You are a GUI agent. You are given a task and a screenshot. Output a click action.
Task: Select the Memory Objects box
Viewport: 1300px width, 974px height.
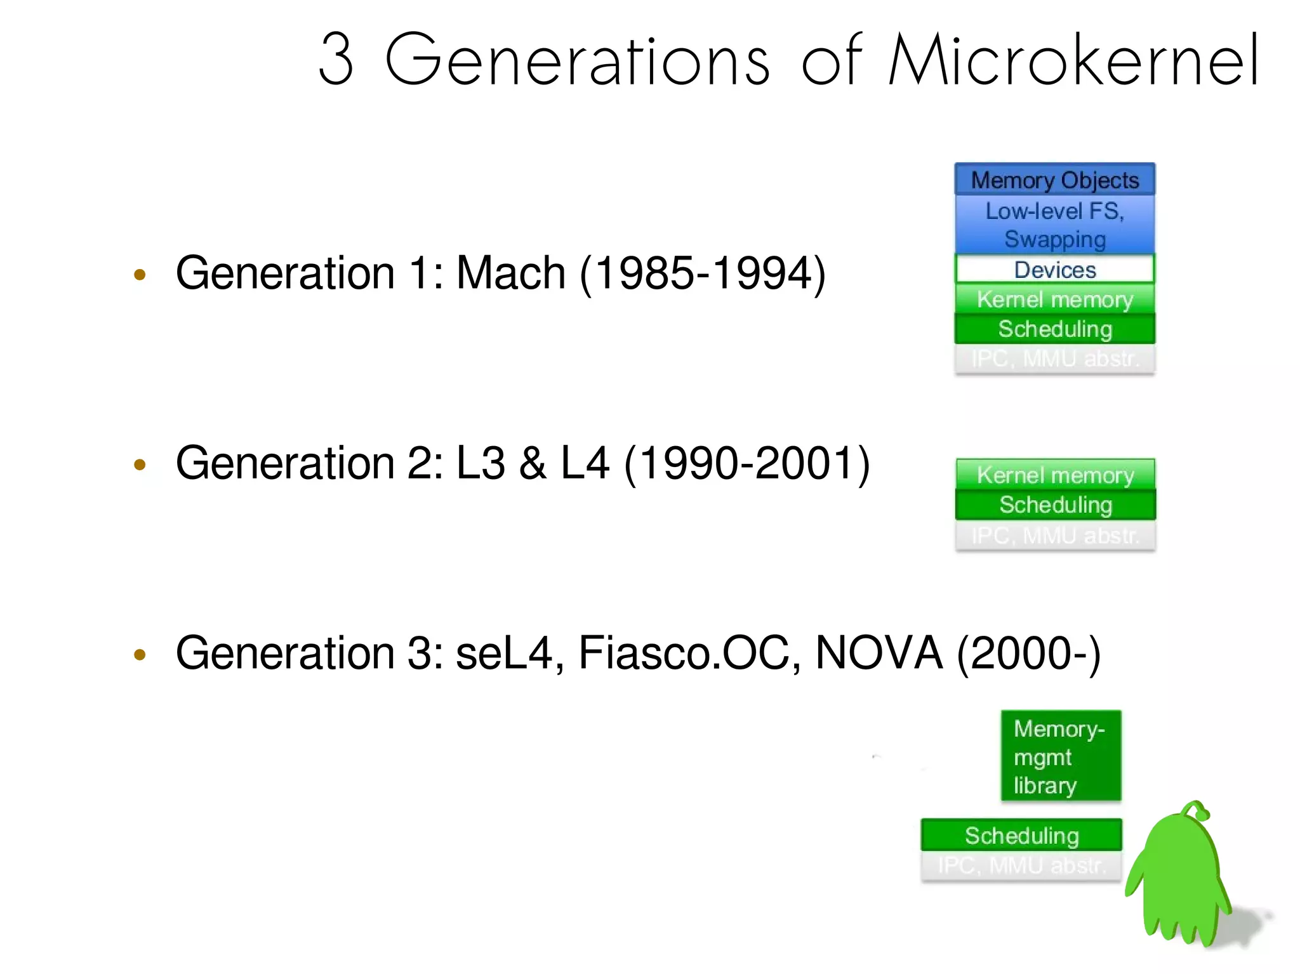click(1054, 180)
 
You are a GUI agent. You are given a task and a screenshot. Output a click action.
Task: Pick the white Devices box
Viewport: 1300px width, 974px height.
click(1054, 270)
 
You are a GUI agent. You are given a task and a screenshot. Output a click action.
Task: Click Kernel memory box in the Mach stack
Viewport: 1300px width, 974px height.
click(1054, 299)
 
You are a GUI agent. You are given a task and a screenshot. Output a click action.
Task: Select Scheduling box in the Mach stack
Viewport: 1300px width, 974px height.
click(1054, 329)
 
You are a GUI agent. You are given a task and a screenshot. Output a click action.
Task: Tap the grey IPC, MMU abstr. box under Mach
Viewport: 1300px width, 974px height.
click(1054, 359)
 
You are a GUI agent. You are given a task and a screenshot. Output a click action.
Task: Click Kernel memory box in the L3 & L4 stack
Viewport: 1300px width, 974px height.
click(1055, 475)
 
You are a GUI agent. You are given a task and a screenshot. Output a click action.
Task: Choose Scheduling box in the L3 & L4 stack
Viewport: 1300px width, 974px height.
click(1055, 504)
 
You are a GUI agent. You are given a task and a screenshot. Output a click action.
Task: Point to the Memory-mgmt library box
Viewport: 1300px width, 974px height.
click(1061, 756)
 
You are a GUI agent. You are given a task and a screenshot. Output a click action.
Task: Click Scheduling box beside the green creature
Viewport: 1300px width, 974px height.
click(1021, 835)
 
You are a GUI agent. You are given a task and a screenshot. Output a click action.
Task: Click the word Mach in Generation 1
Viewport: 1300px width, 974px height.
click(511, 273)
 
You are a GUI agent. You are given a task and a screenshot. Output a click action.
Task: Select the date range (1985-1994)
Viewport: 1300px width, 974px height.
click(703, 273)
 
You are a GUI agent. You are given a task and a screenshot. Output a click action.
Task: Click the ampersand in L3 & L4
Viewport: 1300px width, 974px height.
click(533, 463)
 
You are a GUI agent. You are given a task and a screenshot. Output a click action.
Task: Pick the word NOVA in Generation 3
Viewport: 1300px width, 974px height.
click(879, 653)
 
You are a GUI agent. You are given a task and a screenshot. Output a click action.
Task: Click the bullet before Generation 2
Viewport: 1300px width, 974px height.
click(140, 464)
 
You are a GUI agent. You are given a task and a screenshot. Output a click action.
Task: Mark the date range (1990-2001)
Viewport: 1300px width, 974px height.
click(747, 463)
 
